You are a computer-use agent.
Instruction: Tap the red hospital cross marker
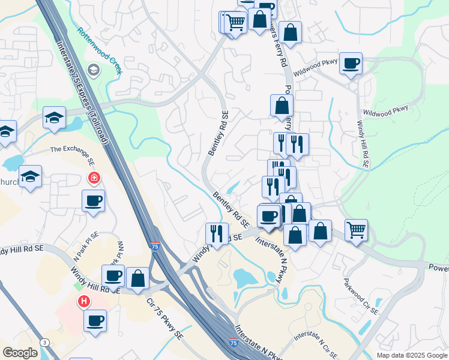tap(94, 178)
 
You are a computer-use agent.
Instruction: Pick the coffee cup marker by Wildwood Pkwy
tap(351, 63)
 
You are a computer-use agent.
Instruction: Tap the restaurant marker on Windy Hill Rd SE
tap(217, 233)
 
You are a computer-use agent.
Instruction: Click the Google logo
tap(20, 353)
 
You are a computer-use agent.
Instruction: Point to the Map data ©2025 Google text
tap(411, 355)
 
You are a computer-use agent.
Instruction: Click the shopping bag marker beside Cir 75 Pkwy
tap(138, 278)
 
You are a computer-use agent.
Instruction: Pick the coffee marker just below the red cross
tap(93, 201)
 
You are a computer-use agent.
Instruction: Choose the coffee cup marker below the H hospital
tap(95, 320)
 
